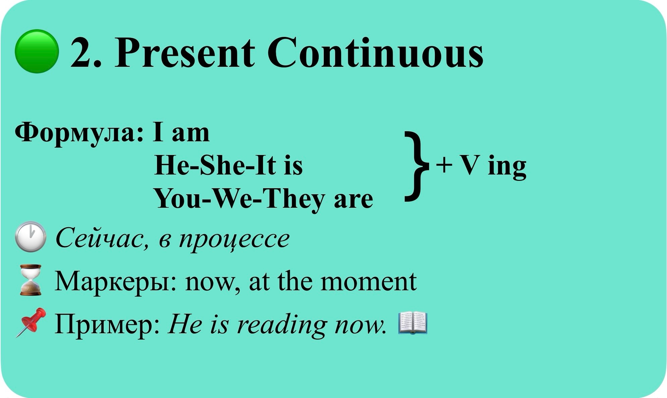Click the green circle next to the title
point(37,51)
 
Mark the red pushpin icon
point(31,322)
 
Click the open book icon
point(413,323)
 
